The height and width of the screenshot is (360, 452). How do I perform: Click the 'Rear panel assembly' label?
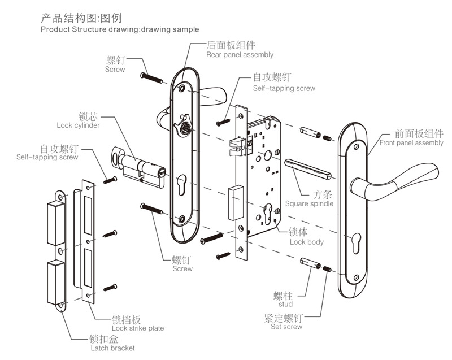240,55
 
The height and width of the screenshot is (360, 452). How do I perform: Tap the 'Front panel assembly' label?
411,143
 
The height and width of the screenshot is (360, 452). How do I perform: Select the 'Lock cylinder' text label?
78,125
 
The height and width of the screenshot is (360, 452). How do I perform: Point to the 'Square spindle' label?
309,203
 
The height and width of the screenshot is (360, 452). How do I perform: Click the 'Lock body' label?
306,242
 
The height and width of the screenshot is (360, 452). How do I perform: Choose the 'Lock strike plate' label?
138,328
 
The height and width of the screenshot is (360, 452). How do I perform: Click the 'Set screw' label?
286,327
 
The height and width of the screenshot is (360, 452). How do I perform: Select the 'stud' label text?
286,304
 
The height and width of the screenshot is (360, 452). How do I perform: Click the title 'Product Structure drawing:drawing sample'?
120,29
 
